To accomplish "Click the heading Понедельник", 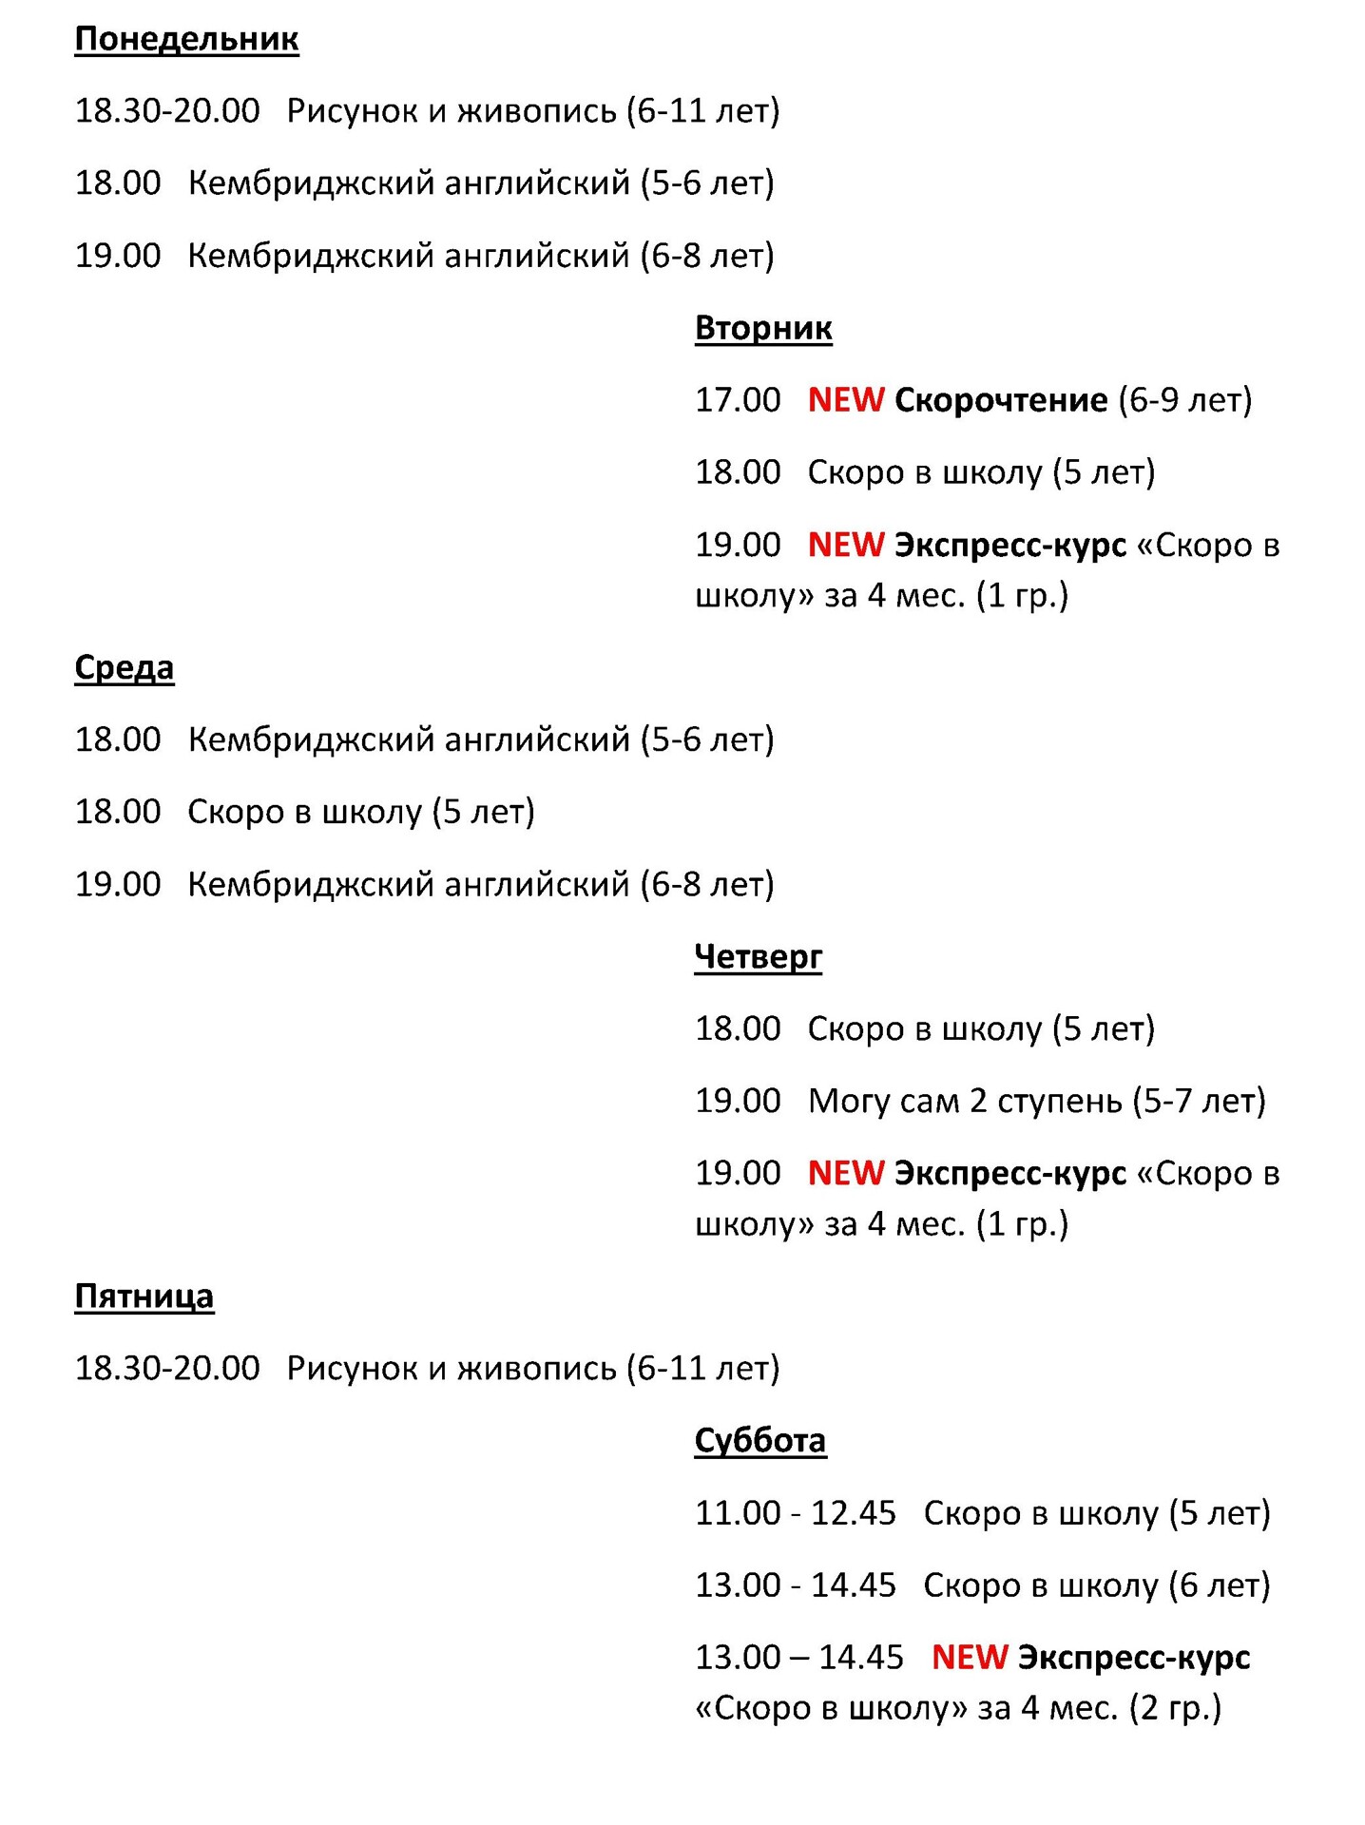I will click(x=186, y=39).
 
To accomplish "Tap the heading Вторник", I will click(x=762, y=328).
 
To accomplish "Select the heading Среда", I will click(x=124, y=667).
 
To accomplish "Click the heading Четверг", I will click(x=758, y=956).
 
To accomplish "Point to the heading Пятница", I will click(x=144, y=1296).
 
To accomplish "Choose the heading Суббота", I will click(x=759, y=1440).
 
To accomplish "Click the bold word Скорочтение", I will click(x=1000, y=400).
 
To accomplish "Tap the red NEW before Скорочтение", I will click(x=845, y=400).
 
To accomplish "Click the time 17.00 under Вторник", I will click(x=737, y=400).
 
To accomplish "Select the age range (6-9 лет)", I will click(x=1184, y=400).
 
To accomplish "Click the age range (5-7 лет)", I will click(x=1199, y=1101).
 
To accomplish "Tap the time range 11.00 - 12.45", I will click(x=795, y=1513).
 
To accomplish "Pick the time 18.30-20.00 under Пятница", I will click(x=166, y=1369).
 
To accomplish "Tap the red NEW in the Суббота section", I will click(x=969, y=1658).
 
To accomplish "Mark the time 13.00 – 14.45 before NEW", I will click(x=798, y=1658).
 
